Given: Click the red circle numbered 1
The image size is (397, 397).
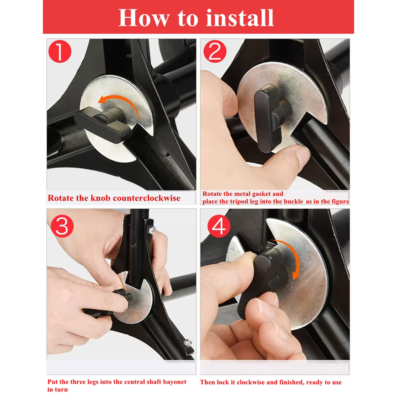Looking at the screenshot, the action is click(60, 51).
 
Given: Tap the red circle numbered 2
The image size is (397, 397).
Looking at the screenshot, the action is click(215, 51).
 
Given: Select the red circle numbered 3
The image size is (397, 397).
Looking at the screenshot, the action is click(62, 226).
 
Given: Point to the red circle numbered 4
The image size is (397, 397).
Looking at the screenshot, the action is click(219, 226).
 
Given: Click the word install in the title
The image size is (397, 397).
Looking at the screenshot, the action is click(240, 18).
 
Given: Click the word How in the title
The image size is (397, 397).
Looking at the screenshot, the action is click(144, 18).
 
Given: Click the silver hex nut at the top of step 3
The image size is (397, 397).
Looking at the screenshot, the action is click(152, 229).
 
